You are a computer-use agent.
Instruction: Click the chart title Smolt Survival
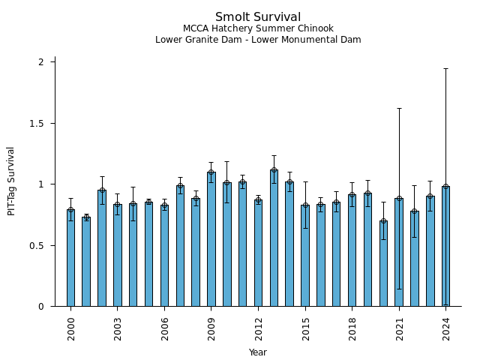[x=258, y=17]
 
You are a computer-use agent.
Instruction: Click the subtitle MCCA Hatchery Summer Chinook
[x=258, y=28]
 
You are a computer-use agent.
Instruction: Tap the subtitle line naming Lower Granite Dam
[x=258, y=40]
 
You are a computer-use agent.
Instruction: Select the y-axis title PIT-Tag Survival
[x=11, y=181]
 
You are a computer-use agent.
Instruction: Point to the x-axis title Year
[x=258, y=352]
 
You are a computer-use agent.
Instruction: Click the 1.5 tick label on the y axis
[x=37, y=123]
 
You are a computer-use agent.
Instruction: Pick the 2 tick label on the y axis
[x=41, y=61]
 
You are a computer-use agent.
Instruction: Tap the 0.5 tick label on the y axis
[x=37, y=245]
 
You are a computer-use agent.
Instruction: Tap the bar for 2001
[x=86, y=262]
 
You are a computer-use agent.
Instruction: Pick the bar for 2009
[x=211, y=239]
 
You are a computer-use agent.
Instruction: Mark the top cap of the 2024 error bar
[x=445, y=68]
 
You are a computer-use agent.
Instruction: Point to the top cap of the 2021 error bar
[x=399, y=108]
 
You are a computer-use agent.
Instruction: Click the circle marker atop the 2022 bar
[x=415, y=211]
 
